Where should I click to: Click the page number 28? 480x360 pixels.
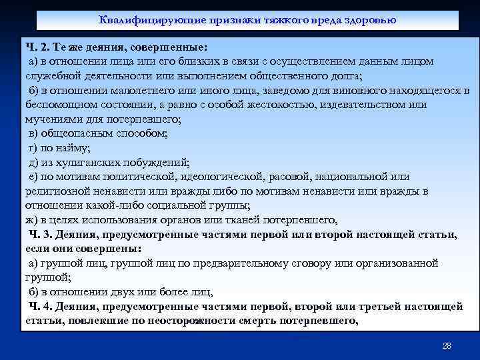[x=447, y=346]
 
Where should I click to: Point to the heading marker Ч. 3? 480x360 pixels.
[x=41, y=235]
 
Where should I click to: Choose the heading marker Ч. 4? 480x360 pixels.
[x=41, y=307]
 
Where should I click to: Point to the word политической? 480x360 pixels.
[x=138, y=177]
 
